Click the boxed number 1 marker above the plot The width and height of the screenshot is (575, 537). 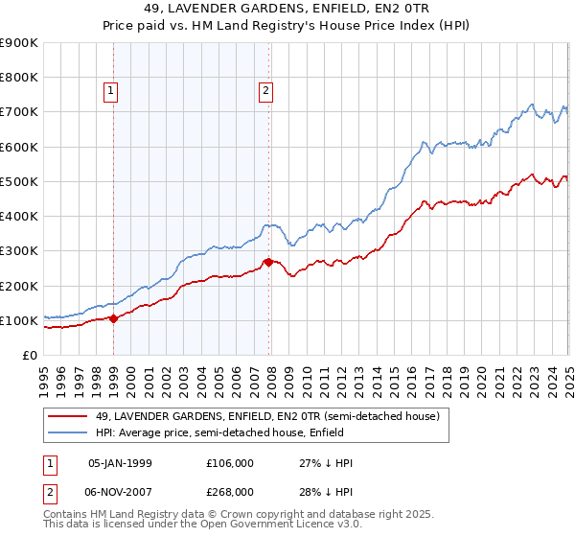pos(111,91)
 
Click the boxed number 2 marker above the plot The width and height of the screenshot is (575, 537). pos(265,91)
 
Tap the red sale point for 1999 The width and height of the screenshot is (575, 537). pos(114,318)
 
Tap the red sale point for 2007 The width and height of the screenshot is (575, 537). pos(268,262)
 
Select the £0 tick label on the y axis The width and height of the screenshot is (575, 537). pos(30,355)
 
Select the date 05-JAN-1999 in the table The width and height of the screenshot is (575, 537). pos(120,462)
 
